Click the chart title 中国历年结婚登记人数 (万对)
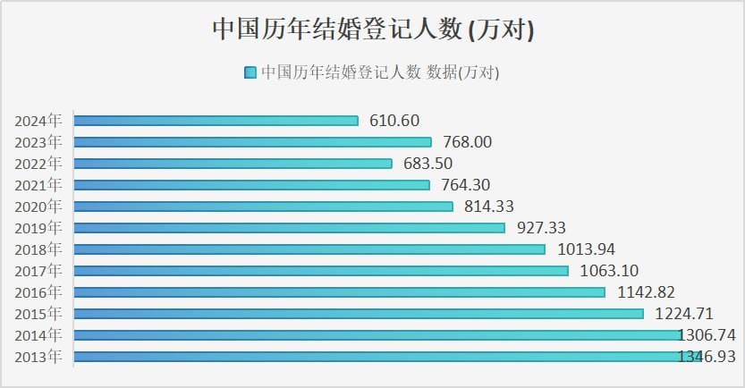(x=372, y=30)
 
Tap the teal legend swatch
(x=250, y=73)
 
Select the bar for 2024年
(x=216, y=121)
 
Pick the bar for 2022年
(x=233, y=164)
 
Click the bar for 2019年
(x=289, y=228)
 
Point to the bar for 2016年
(x=340, y=292)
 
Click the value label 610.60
(x=394, y=121)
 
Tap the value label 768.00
(x=467, y=142)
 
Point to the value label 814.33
(x=489, y=207)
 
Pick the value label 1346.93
(x=707, y=357)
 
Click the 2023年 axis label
(x=38, y=142)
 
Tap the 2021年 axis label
(x=38, y=185)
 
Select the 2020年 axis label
(x=38, y=207)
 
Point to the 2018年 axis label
(x=38, y=249)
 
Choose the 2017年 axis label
(x=38, y=271)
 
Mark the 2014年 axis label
(x=38, y=335)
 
